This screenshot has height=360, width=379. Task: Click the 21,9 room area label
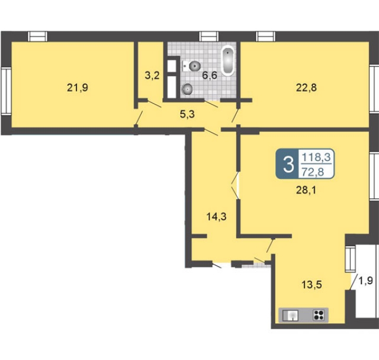[x=78, y=88]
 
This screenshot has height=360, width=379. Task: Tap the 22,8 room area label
[x=306, y=88]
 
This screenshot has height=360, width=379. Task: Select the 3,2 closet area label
[x=152, y=75]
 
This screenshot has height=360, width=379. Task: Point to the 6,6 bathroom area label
[x=210, y=75]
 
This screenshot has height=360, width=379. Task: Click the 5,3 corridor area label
[x=187, y=114]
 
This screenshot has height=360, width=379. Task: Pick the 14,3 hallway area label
[x=216, y=217]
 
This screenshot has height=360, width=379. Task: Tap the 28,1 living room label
[x=306, y=191]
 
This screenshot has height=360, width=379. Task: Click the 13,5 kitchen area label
[x=311, y=285]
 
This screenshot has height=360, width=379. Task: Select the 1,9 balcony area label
[x=366, y=281]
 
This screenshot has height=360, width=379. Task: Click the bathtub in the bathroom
[x=228, y=60]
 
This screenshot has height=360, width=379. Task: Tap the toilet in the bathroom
[x=191, y=66]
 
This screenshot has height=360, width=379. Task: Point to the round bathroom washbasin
[x=187, y=89]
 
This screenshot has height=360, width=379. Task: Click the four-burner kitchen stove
[x=319, y=315]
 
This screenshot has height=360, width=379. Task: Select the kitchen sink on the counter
[x=291, y=316]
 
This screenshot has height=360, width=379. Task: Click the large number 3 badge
[x=288, y=164]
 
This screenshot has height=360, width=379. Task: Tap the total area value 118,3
[x=316, y=157]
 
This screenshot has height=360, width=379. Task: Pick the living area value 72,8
[x=313, y=172]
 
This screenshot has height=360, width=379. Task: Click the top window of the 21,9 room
[x=38, y=37]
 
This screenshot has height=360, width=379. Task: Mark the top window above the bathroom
[x=209, y=37]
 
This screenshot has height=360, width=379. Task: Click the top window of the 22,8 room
[x=266, y=37]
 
